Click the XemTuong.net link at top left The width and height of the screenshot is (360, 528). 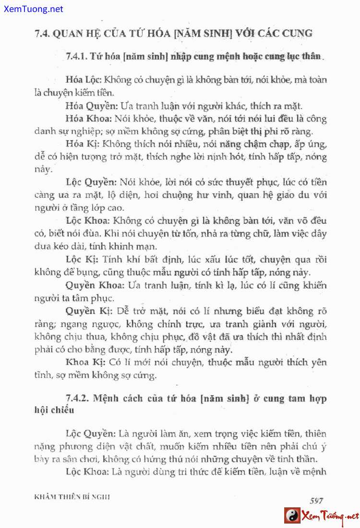pyautogui.click(x=32, y=9)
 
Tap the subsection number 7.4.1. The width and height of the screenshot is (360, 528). pyautogui.click(x=76, y=56)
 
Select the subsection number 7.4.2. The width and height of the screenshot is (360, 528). pyautogui.click(x=77, y=398)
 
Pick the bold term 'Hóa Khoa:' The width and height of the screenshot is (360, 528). pyautogui.click(x=89, y=119)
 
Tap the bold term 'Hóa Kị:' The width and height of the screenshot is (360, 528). pyautogui.click(x=82, y=144)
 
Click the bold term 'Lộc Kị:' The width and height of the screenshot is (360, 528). pyautogui.click(x=82, y=260)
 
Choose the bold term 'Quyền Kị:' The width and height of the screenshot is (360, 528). pyautogui.click(x=88, y=311)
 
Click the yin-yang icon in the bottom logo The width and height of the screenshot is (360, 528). pyautogui.click(x=292, y=516)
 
